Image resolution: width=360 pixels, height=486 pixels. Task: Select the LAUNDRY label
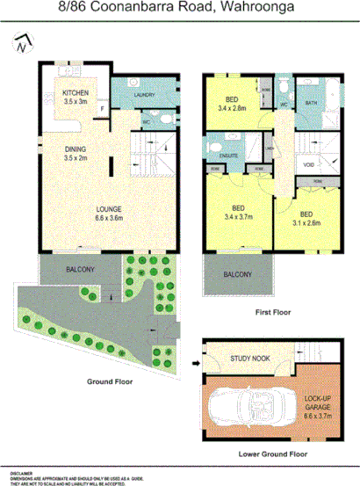[x=145, y=96]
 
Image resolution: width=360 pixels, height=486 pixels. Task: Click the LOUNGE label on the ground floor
[x=109, y=209]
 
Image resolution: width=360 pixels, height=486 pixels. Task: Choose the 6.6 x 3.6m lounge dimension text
[x=109, y=218]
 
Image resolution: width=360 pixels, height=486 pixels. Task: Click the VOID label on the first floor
[x=308, y=163]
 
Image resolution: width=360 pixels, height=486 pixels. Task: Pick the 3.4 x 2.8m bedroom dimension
[x=233, y=110]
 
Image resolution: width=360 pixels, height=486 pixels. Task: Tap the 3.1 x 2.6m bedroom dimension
[x=307, y=223]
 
